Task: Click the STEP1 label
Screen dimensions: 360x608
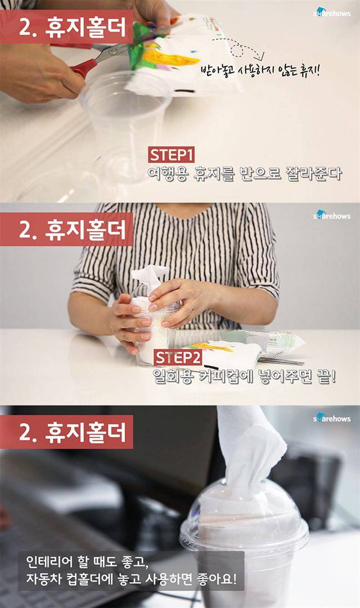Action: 171,155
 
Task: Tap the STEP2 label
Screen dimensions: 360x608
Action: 178,357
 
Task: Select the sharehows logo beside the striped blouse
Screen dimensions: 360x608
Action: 332,216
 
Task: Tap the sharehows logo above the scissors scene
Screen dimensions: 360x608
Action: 332,13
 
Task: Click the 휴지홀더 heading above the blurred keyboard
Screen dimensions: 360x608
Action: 85,432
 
